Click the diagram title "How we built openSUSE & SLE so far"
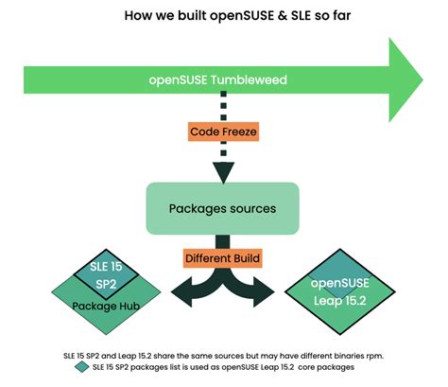(223, 16)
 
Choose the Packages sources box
(223, 208)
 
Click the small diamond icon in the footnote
(78, 367)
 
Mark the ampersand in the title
(246, 16)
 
